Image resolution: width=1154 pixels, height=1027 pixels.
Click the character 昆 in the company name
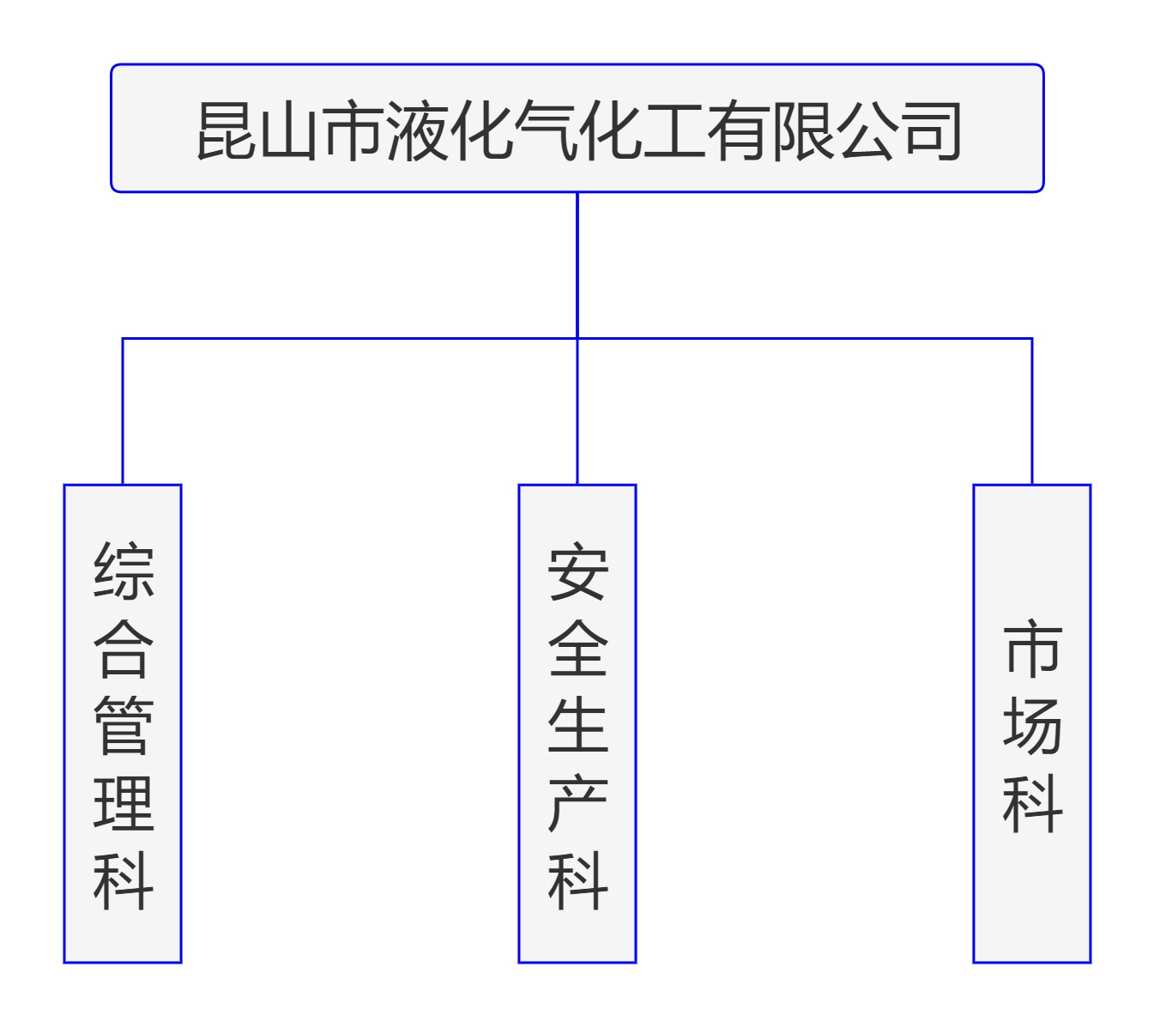pos(227,130)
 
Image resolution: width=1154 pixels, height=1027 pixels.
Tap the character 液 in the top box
pos(419,130)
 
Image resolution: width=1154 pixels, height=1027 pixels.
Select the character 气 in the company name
pos(546,130)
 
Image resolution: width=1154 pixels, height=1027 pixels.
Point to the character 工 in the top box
pos(674,130)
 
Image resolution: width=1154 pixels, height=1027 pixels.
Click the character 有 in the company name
pos(737,130)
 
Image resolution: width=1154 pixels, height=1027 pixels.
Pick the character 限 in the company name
pos(801,130)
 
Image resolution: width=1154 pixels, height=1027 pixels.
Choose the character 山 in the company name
pos(291,130)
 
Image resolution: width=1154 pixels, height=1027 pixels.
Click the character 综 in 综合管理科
pos(124,570)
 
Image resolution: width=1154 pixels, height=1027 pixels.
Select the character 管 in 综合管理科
pos(124,726)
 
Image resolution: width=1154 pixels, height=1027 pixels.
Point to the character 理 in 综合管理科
pos(124,803)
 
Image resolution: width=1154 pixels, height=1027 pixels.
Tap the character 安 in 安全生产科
pos(578,570)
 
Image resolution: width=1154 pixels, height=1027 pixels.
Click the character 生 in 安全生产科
pos(578,726)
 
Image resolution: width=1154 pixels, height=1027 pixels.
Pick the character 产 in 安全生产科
pos(578,803)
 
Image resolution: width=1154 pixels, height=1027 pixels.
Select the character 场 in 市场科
pos(1033,726)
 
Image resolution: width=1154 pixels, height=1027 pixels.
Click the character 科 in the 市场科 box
pos(1033,803)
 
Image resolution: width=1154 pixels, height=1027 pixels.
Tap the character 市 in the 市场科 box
pos(1033,649)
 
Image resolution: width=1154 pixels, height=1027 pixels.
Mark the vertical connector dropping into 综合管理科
pos(123,412)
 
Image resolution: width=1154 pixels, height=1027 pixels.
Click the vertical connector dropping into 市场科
pos(1031,412)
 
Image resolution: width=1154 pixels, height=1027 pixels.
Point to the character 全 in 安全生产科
pos(578,649)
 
